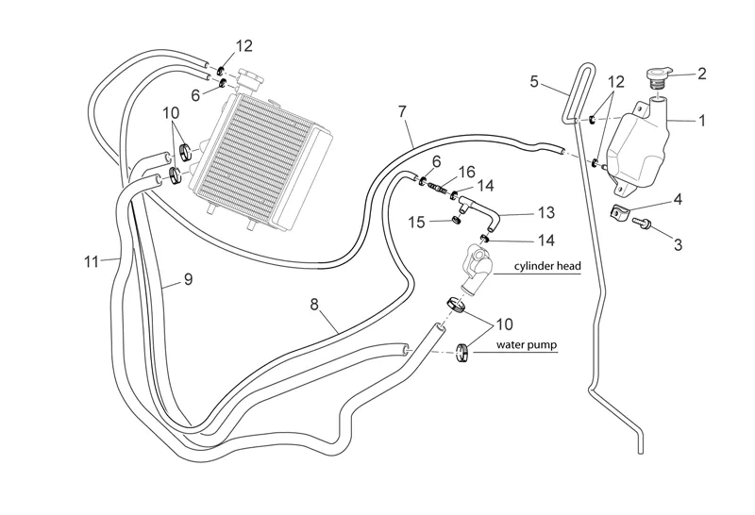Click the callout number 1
point(701,121)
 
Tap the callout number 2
point(701,73)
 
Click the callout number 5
point(534,82)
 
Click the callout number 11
point(91,260)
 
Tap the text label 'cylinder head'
point(546,267)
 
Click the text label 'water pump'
point(528,346)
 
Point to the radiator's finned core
point(255,150)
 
